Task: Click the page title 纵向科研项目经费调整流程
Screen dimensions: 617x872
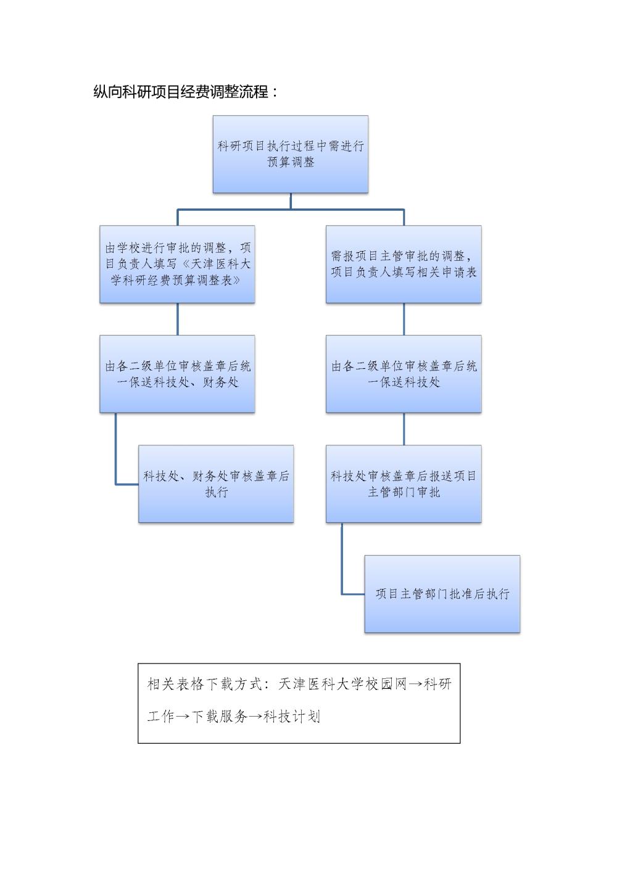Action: (181, 92)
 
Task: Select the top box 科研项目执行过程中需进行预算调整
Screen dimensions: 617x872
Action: (290, 154)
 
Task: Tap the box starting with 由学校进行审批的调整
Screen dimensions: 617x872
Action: (177, 264)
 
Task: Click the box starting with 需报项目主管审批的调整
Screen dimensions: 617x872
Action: (404, 264)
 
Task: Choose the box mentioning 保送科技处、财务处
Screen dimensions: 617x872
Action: (177, 374)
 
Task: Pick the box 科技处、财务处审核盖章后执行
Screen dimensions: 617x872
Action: (216, 484)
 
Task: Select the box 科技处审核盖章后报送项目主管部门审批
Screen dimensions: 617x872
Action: (404, 484)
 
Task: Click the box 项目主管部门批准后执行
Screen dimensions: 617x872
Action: (442, 594)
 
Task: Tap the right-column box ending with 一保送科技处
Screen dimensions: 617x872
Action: (404, 374)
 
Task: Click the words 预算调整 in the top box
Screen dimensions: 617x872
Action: (291, 162)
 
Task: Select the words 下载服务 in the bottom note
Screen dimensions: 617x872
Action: (220, 717)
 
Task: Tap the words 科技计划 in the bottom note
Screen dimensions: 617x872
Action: (292, 717)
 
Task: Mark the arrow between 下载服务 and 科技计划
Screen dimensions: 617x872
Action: (256, 717)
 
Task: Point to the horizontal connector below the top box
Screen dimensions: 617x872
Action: (291, 210)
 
